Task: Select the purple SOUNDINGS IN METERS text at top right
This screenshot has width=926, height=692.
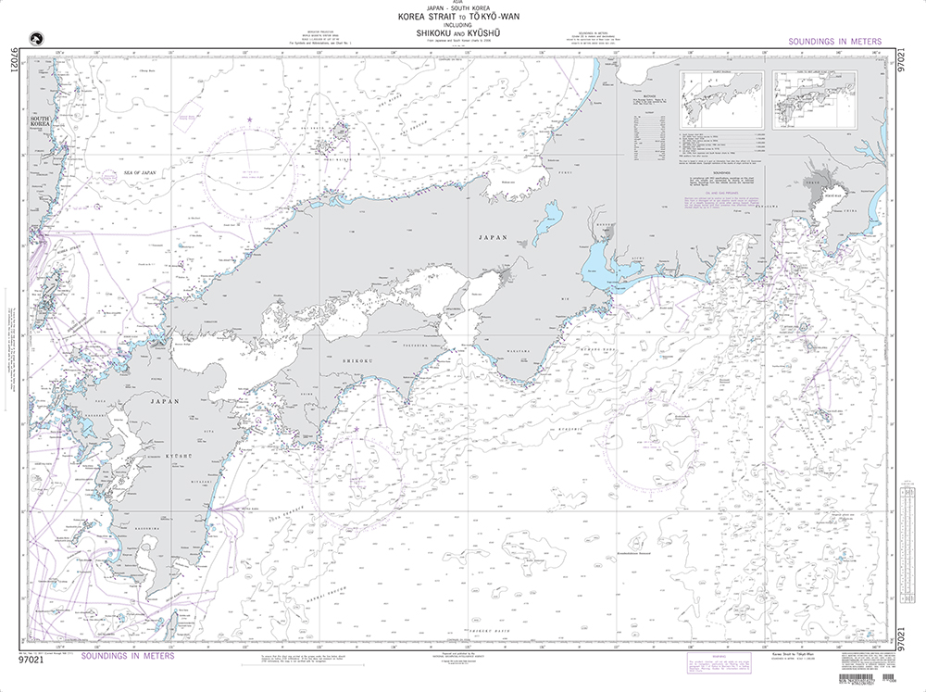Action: [833, 42]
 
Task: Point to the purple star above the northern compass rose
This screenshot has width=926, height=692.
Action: [249, 120]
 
